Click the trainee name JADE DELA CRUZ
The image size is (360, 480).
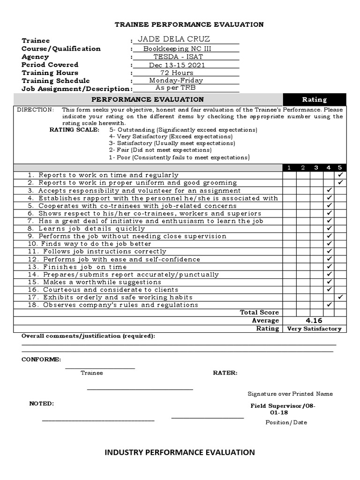(174, 39)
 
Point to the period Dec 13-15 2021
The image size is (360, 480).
(177, 65)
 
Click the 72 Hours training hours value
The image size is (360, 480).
(176, 73)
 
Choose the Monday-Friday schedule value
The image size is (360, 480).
(176, 81)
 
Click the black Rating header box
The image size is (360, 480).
(314, 99)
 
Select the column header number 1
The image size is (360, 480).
(289, 168)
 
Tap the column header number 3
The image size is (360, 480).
(316, 168)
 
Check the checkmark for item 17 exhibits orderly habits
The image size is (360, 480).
(340, 297)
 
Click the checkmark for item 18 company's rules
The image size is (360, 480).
(330, 305)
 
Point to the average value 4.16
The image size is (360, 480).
(314, 321)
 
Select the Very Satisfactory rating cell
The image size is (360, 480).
(314, 329)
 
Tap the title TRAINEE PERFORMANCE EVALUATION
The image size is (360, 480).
(189, 24)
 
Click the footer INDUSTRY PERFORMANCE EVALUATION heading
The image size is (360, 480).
(180, 452)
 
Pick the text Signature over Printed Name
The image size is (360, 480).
(290, 394)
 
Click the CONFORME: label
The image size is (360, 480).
(41, 360)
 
